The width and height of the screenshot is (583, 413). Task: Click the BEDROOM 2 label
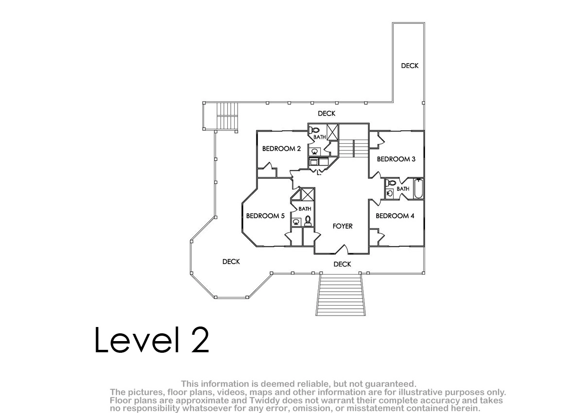click(281, 149)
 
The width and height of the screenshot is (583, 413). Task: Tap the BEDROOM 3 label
click(396, 159)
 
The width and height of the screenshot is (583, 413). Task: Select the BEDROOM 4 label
click(395, 216)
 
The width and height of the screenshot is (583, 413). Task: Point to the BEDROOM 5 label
click(265, 216)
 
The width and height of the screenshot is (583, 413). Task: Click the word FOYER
click(343, 226)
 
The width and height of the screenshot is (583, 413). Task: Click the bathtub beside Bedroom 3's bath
click(418, 189)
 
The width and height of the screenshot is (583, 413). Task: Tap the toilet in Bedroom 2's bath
click(314, 130)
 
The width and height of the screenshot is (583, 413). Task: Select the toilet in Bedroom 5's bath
click(308, 221)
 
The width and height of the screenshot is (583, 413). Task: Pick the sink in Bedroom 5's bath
click(296, 222)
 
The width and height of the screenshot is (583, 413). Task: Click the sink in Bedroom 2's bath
click(315, 151)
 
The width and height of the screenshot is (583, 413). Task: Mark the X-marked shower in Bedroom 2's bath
click(332, 132)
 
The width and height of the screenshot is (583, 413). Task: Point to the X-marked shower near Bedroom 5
click(308, 194)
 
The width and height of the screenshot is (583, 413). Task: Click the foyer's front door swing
click(342, 249)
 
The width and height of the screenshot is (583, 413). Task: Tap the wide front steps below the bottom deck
click(341, 295)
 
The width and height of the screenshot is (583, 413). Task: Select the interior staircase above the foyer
click(354, 148)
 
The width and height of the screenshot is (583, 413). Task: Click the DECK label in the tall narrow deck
click(410, 66)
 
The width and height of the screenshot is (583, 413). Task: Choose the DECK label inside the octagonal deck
click(231, 261)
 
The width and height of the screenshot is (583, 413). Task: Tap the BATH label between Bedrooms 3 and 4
click(403, 189)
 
